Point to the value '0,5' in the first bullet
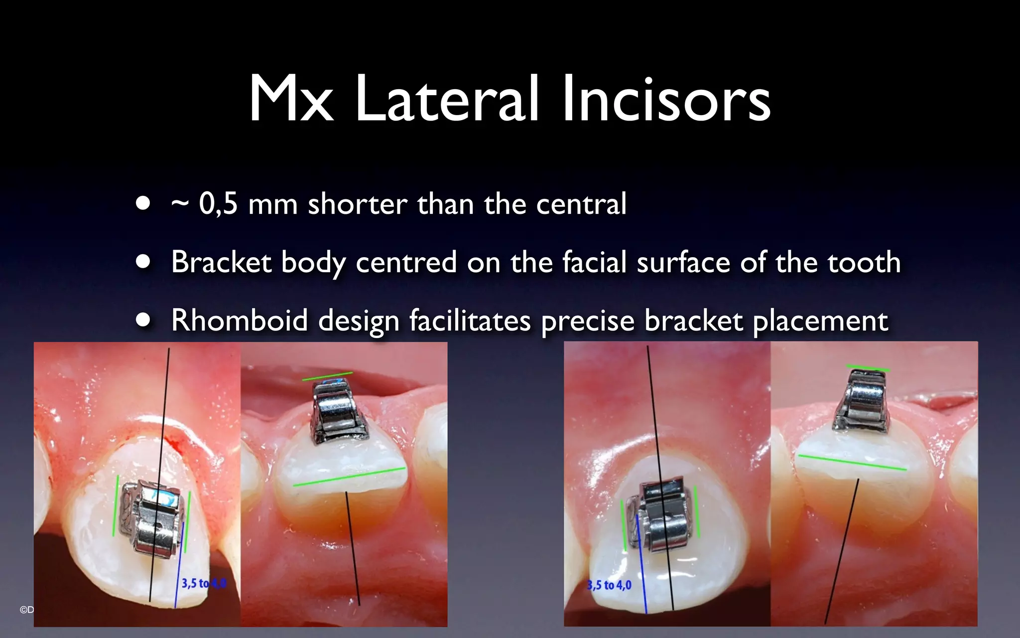[x=218, y=204]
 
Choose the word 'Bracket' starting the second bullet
[x=221, y=262]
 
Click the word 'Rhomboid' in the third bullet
[x=240, y=320]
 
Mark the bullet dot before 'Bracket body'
[x=143, y=262]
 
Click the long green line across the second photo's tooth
[x=349, y=477]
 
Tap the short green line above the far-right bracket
[x=868, y=368]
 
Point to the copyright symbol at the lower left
[x=23, y=610]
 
